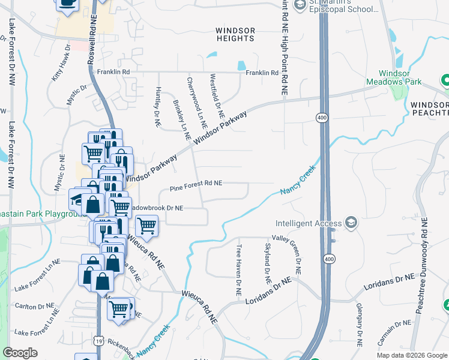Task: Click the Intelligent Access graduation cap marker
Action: coord(351,223)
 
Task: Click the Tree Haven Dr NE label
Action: coord(238,270)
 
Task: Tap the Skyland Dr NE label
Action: coord(268,264)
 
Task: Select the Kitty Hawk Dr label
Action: coord(61,64)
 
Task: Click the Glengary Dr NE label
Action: coord(359,326)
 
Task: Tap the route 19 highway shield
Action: coord(97,341)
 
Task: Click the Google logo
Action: coord(20,353)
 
